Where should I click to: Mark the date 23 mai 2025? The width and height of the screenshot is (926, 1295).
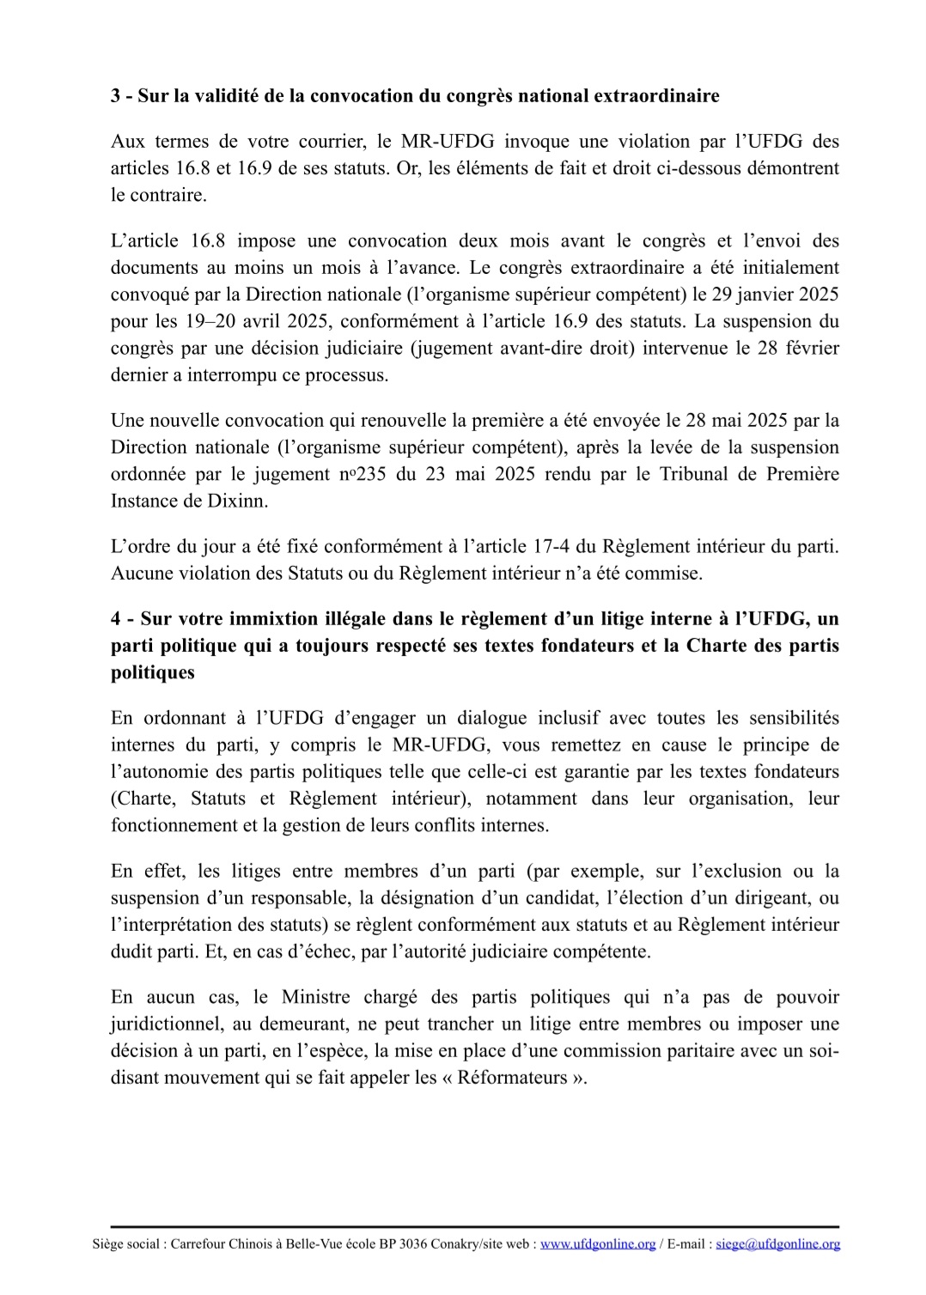click(473, 474)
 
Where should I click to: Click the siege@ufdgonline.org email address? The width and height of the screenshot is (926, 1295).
click(778, 1243)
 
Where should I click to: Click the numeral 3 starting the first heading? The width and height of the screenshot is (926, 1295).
click(116, 95)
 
